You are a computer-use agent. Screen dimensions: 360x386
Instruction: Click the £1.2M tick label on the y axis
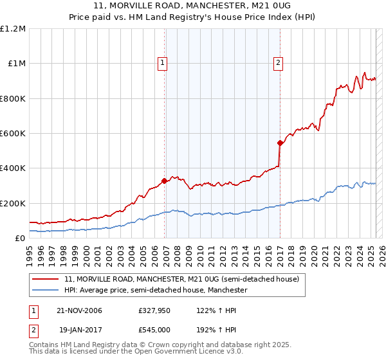(13, 29)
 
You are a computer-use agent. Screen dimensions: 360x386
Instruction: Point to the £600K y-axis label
(13, 134)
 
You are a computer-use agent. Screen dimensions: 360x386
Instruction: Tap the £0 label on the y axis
(21, 239)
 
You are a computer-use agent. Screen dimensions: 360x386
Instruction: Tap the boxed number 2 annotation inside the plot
(278, 62)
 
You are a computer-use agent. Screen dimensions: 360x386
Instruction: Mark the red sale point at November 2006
(165, 181)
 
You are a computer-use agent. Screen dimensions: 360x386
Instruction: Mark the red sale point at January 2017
(280, 143)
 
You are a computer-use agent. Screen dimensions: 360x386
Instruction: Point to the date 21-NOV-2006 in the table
(79, 310)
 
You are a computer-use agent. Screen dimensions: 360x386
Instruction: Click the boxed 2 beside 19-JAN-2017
(33, 328)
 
